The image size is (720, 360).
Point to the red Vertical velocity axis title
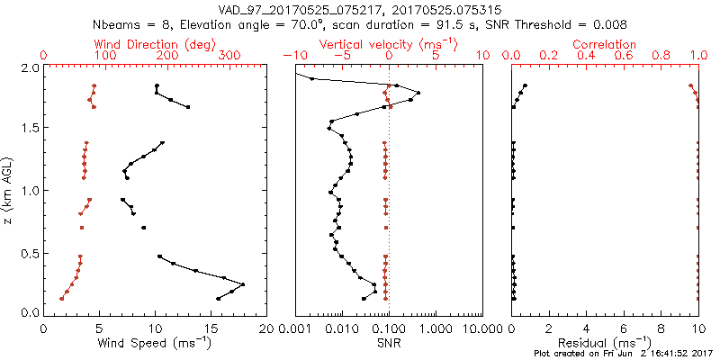click(388, 44)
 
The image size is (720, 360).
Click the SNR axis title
click(389, 343)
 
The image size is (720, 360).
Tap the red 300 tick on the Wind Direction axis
click(229, 56)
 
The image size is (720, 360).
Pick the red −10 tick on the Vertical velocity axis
click(292, 56)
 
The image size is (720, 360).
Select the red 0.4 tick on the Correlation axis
click(587, 56)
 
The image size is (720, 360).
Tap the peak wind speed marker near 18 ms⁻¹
click(243, 284)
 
